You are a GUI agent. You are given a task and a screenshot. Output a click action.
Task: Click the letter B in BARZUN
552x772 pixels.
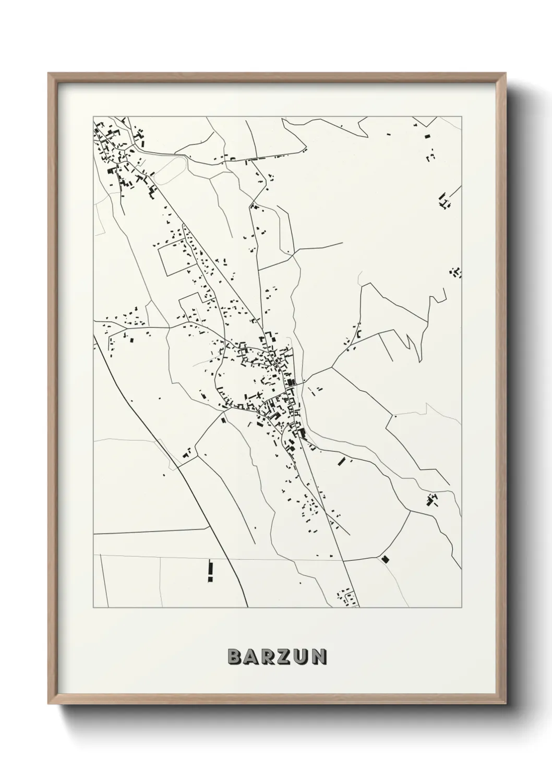coord(234,657)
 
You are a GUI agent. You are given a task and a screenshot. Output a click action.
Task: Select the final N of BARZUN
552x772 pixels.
coord(319,657)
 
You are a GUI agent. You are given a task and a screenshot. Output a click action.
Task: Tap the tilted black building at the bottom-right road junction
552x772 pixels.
coord(385,559)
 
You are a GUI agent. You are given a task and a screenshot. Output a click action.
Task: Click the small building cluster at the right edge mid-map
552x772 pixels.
coord(455,272)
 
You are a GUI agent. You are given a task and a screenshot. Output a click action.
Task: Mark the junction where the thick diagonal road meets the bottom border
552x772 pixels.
coord(247,607)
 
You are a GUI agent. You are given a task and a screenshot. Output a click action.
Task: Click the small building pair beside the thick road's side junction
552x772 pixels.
coord(186,453)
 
